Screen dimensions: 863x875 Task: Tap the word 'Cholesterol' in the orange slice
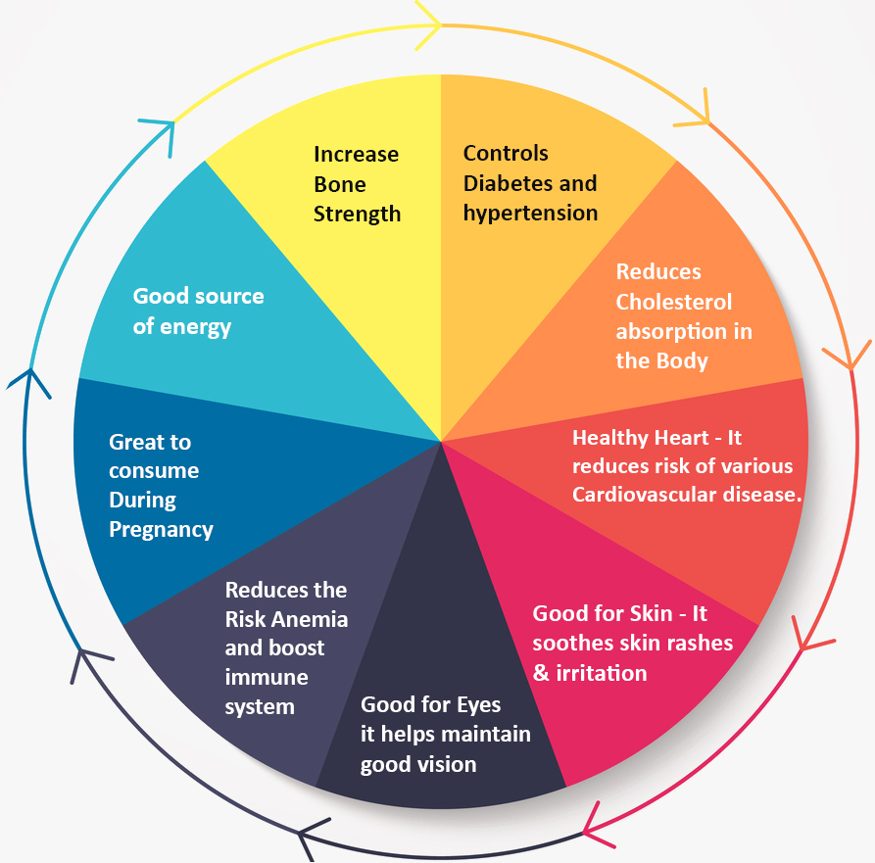point(673,302)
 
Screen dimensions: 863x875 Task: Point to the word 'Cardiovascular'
point(646,495)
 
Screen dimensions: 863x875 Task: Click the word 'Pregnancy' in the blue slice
point(161,530)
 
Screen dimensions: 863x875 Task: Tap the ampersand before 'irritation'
point(541,673)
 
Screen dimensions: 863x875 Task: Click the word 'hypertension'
point(530,213)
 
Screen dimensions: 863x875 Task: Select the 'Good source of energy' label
point(198,311)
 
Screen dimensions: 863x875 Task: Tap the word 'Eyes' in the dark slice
point(478,705)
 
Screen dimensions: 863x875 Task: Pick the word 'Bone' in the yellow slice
point(340,184)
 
